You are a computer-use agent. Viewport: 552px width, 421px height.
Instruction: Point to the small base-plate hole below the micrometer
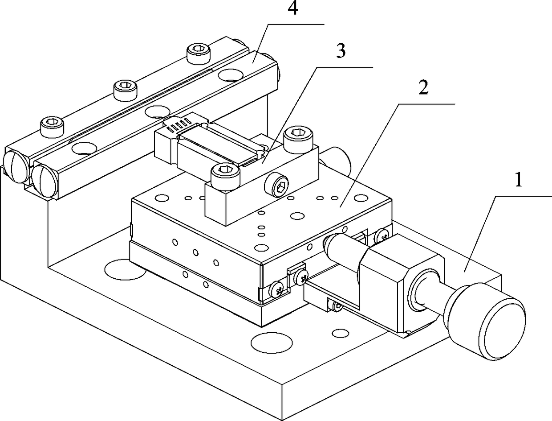click(x=341, y=333)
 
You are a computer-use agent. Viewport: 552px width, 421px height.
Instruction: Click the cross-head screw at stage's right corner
click(x=383, y=234)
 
